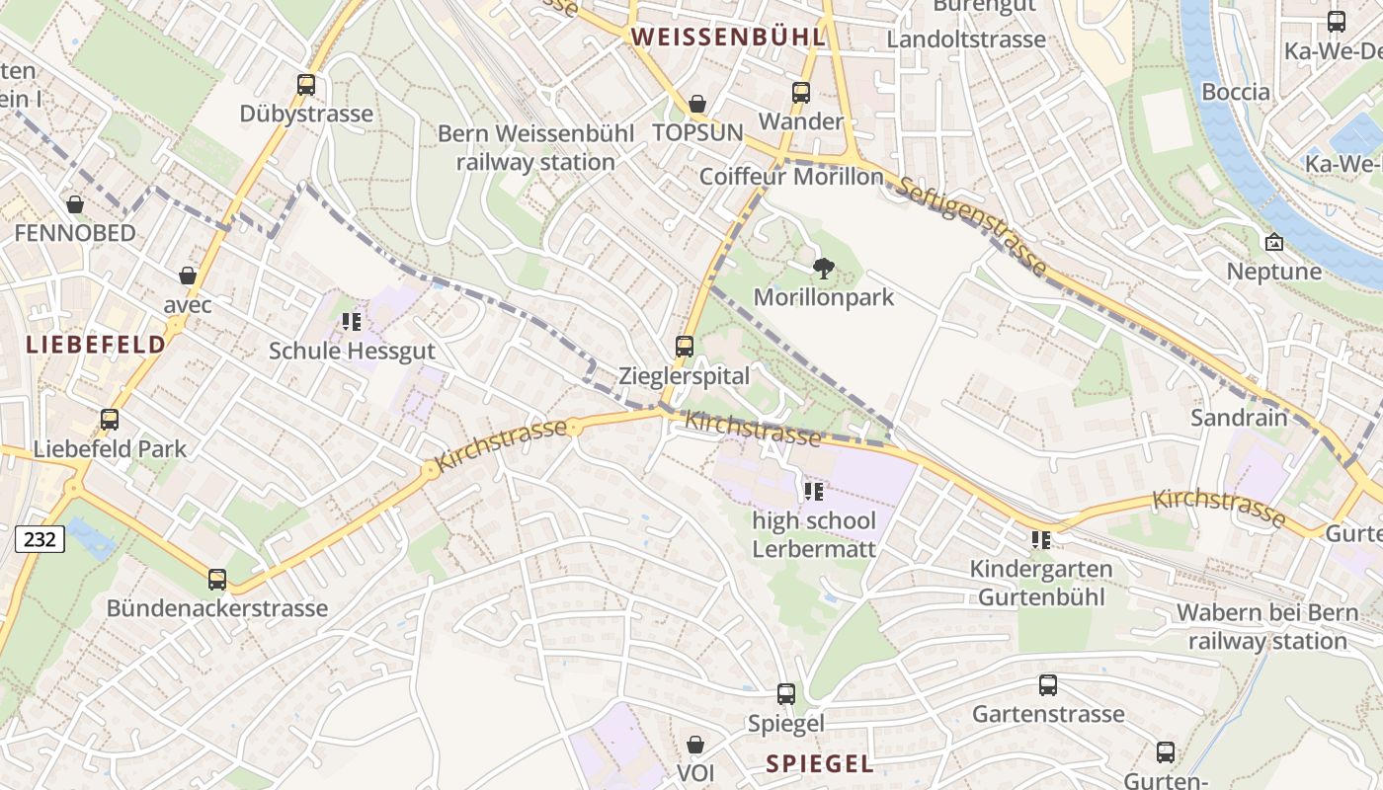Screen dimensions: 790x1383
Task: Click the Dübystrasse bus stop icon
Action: click(x=306, y=85)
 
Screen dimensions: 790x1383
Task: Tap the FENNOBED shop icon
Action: click(x=75, y=204)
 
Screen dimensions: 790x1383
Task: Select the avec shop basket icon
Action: click(x=188, y=276)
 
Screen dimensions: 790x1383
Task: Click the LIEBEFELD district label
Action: click(x=96, y=345)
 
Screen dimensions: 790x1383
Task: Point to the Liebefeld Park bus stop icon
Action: click(x=110, y=420)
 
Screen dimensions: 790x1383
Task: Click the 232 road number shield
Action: click(x=40, y=538)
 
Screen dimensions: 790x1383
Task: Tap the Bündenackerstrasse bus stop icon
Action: click(x=217, y=580)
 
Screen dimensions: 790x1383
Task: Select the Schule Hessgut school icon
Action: click(x=352, y=322)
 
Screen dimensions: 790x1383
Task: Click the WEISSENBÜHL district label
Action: click(x=728, y=38)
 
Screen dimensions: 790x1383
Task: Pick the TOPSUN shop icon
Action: click(x=697, y=104)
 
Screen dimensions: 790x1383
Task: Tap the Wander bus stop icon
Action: click(x=801, y=93)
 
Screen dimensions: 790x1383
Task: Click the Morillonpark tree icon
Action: click(x=823, y=268)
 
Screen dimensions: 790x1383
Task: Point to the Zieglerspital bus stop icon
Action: click(x=685, y=347)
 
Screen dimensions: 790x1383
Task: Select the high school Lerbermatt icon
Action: click(x=814, y=492)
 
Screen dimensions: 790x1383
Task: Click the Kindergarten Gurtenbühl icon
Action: click(x=1041, y=540)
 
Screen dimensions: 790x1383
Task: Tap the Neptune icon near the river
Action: click(x=1274, y=242)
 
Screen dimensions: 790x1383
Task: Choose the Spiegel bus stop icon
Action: click(x=786, y=694)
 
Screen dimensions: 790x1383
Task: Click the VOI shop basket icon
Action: click(x=695, y=744)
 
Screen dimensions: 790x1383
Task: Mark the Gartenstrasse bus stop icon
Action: click(x=1048, y=685)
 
